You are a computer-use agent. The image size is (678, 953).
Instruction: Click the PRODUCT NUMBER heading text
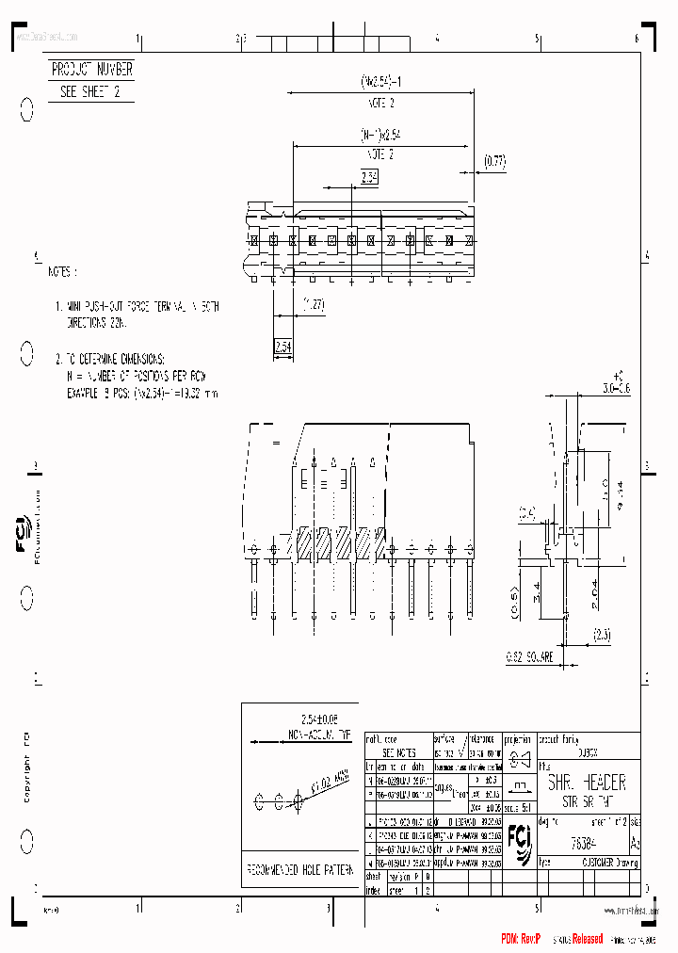point(91,70)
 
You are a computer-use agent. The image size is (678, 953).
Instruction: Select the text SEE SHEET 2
point(89,91)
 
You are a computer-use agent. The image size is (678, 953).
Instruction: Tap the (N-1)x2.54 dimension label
point(377,134)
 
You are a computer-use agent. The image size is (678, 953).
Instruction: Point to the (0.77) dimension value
point(493,161)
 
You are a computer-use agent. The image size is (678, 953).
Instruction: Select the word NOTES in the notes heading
point(62,271)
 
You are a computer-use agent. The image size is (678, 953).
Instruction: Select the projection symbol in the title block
point(518,760)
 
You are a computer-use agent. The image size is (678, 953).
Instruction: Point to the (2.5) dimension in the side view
point(602,636)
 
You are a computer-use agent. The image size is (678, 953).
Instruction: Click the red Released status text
point(582,940)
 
